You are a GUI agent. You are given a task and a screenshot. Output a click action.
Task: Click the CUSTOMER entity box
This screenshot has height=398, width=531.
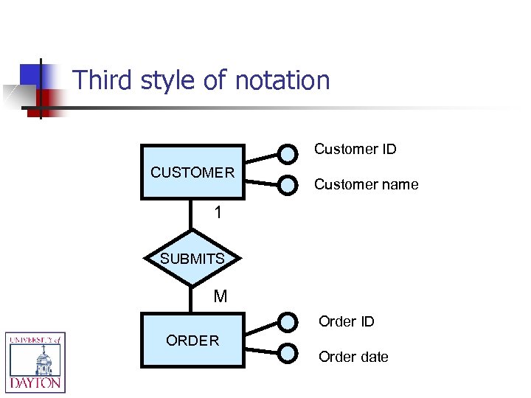click(192, 172)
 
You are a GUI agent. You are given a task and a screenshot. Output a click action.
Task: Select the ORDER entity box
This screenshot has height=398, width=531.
click(192, 340)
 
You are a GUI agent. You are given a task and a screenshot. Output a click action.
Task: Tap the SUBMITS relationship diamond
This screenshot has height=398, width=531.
click(192, 258)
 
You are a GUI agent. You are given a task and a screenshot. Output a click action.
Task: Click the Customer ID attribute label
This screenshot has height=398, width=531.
click(355, 149)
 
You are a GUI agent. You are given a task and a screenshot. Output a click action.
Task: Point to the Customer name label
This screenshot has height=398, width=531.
click(366, 184)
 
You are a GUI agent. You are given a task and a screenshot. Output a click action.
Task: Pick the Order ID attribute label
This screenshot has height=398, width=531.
click(346, 321)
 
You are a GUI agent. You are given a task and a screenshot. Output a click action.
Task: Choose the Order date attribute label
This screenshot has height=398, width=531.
click(353, 357)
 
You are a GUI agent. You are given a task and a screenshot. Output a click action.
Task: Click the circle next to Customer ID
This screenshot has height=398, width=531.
click(288, 153)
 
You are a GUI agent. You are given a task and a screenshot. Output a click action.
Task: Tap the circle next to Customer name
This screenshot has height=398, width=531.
click(288, 185)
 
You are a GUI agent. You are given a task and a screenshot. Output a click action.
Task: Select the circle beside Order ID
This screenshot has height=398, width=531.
click(288, 322)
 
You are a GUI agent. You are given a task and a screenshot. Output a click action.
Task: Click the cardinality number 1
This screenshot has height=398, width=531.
click(218, 213)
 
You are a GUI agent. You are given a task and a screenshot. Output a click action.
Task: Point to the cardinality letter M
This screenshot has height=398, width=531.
click(220, 296)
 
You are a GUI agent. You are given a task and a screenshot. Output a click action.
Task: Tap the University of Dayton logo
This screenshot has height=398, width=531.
click(35, 361)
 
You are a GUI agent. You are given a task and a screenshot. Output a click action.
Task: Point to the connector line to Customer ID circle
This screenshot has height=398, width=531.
click(262, 158)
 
